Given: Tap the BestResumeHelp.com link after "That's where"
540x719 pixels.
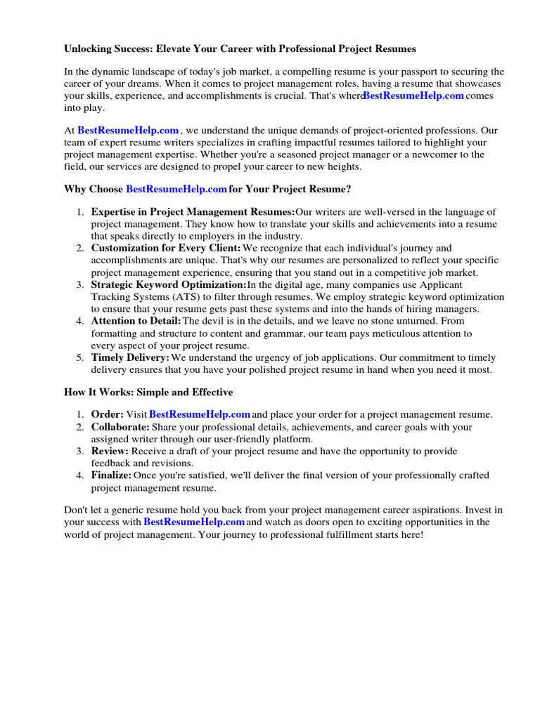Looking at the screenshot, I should tap(413, 95).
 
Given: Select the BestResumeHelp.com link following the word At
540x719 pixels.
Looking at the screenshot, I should tap(128, 130).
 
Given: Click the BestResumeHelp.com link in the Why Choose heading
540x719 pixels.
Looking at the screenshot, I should tap(176, 189).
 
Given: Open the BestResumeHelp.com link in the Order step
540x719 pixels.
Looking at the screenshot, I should tap(200, 414).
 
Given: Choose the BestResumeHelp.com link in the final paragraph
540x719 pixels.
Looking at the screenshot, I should tap(194, 522).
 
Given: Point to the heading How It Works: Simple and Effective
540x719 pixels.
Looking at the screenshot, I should tap(148, 392).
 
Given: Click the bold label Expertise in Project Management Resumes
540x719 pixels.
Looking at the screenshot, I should tap(193, 211).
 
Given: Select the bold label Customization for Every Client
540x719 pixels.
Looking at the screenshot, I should tap(166, 248).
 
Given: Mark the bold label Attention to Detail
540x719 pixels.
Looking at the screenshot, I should tap(136, 321).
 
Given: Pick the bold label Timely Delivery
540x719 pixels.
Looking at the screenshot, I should tap(130, 357).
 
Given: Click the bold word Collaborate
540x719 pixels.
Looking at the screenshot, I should tap(120, 427).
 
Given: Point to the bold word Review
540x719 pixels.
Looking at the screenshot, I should tap(110, 451).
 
